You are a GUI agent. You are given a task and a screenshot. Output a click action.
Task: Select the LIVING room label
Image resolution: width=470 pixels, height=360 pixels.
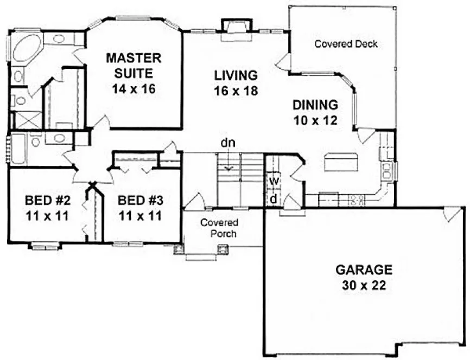[234, 74]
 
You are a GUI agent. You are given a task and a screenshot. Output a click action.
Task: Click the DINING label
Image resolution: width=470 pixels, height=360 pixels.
[315, 105]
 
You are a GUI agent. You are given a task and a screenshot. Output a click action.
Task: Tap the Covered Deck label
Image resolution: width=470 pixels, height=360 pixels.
[346, 44]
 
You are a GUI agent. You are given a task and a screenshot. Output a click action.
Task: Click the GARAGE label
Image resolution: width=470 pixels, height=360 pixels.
[363, 269]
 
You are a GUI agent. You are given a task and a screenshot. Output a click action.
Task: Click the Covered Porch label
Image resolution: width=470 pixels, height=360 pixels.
[217, 228]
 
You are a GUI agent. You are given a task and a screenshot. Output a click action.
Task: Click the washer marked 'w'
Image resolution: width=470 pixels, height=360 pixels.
[274, 180]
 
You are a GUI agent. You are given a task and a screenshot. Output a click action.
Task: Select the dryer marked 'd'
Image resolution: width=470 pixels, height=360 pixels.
[274, 198]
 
